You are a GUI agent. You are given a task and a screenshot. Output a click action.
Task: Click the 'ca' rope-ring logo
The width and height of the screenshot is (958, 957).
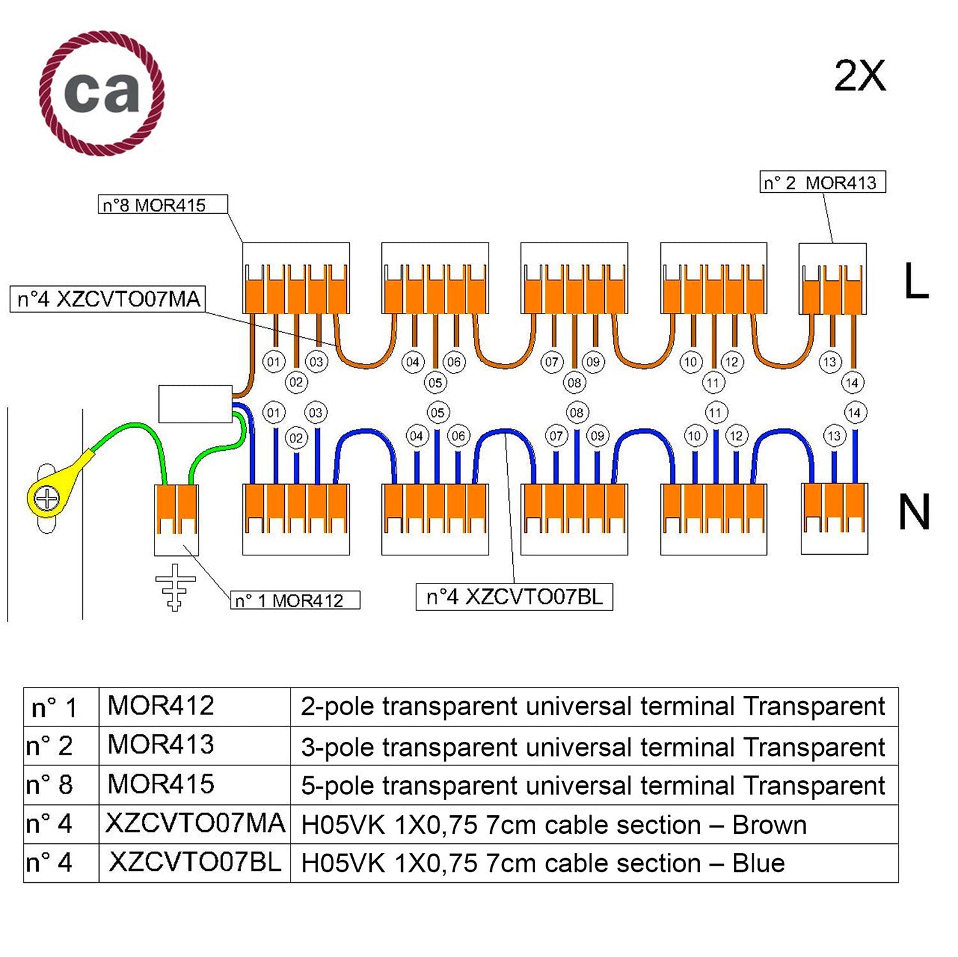[102, 93]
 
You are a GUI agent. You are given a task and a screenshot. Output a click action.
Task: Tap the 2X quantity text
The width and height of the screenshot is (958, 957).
[860, 77]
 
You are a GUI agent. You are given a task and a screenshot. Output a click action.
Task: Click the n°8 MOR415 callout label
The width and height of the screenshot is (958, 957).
[162, 205]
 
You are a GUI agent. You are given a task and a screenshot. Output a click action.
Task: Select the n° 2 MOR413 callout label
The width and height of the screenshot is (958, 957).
[822, 183]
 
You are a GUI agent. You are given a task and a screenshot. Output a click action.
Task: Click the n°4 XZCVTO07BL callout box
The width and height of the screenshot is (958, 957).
[514, 597]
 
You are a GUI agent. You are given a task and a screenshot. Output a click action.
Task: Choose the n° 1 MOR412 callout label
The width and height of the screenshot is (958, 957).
[295, 600]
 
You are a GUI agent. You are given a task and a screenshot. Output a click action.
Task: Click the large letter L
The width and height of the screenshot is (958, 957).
[915, 282]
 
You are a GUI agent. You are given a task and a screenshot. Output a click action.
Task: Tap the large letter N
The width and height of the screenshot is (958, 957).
[913, 513]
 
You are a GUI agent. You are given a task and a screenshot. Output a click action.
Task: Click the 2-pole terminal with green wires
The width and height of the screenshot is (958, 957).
[176, 519]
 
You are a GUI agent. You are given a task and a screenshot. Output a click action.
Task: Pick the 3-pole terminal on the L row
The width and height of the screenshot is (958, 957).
[833, 278]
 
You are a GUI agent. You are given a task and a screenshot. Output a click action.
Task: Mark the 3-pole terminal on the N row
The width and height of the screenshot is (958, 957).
[834, 518]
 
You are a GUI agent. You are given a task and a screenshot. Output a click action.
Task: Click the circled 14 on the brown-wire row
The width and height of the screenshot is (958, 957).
[852, 383]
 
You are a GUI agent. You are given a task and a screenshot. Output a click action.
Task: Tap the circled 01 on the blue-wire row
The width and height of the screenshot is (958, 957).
[273, 412]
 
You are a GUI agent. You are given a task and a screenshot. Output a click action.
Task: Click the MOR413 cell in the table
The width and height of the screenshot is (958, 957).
[161, 745]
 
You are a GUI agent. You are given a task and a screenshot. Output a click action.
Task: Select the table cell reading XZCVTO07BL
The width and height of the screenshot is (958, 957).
[194, 863]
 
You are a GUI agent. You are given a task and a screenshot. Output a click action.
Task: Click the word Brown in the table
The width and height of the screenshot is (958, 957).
[769, 825]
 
